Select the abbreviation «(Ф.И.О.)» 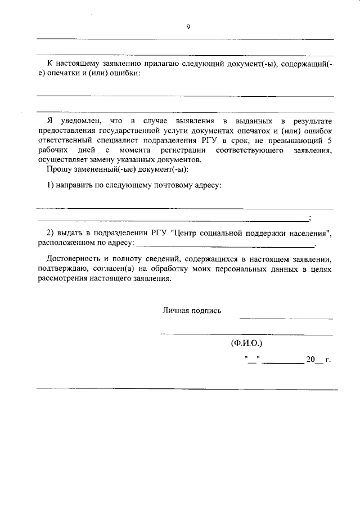(x=246, y=343)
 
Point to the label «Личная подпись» (x=192, y=310)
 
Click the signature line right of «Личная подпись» (x=286, y=319)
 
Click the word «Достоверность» (x=73, y=258)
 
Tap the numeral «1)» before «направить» (x=50, y=185)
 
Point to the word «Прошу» (x=56, y=169)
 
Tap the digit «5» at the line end (x=330, y=140)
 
